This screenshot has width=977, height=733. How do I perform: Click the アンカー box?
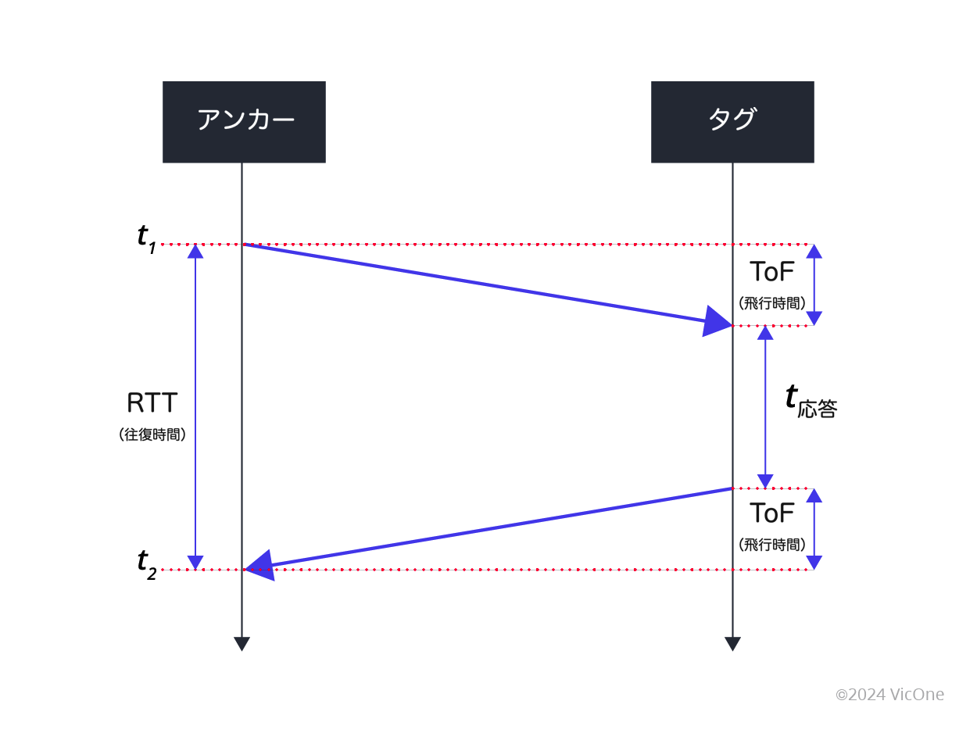point(244,122)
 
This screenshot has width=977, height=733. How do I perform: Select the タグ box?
point(732,122)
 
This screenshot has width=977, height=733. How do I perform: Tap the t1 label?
point(146,237)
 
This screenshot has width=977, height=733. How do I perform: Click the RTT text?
point(152,403)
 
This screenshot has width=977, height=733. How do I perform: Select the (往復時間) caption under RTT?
point(152,434)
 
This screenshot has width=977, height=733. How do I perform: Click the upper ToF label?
point(771,272)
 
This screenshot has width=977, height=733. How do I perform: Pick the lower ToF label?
point(771,513)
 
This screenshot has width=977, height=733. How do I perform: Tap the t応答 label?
point(810,400)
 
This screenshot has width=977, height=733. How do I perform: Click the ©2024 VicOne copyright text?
point(889,694)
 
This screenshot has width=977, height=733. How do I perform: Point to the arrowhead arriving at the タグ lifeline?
point(717,320)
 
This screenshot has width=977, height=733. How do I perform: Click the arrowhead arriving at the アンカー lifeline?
point(259,564)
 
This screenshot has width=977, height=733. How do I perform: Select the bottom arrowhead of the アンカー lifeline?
point(242,644)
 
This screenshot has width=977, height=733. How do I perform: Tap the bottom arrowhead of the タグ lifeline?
point(732,644)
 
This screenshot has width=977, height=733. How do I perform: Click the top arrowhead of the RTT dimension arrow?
point(195,252)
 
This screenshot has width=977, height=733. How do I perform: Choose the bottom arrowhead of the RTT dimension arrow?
point(195,562)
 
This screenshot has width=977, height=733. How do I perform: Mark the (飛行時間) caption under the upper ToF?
point(771,302)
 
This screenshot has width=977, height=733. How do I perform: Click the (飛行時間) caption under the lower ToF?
point(771,545)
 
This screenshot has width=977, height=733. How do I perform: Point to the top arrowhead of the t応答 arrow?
point(765,333)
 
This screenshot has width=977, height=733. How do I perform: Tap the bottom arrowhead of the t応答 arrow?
point(765,481)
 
